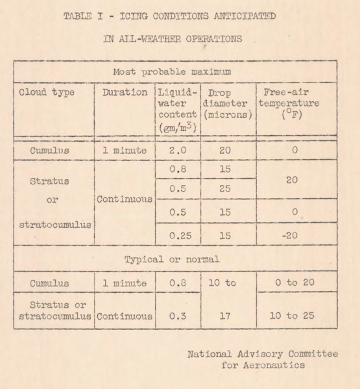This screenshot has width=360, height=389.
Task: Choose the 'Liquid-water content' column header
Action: pos(174,108)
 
